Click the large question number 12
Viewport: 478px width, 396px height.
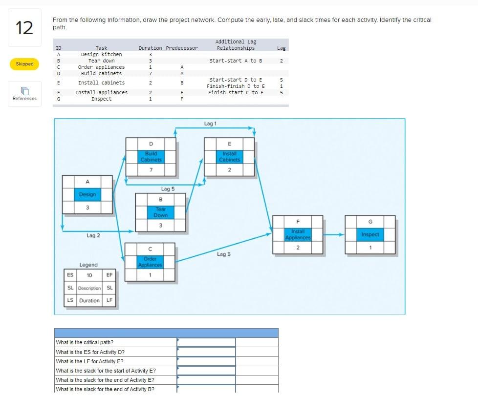[24, 28]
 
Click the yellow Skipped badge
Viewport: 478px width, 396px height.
[24, 64]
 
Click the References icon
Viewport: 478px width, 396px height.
[24, 90]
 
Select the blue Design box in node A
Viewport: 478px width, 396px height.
[87, 194]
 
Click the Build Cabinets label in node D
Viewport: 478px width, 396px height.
[151, 157]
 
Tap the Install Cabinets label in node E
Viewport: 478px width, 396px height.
[229, 157]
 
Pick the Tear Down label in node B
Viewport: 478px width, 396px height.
[161, 212]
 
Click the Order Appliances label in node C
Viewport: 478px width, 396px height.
[150, 262]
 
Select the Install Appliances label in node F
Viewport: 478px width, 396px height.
[298, 234]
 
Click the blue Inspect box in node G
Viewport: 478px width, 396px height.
[370, 235]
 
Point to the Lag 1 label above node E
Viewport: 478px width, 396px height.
[209, 124]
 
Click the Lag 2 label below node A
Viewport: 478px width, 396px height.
[93, 236]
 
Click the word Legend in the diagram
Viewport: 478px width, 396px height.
[88, 265]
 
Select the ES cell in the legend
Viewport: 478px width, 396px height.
[70, 275]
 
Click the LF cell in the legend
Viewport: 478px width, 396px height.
[109, 300]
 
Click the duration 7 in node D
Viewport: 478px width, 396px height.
[151, 169]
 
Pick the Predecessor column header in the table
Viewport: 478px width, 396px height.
[182, 48]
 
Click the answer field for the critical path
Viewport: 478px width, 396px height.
[206, 342]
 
